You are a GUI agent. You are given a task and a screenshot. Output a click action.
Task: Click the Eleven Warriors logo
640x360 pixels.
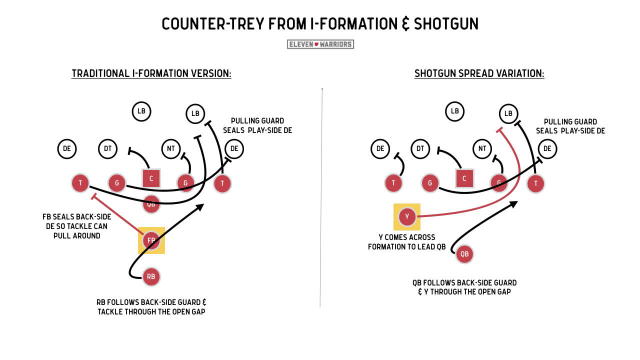pos(320,44)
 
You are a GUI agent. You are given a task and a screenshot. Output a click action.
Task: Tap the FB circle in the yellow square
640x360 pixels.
pos(151,240)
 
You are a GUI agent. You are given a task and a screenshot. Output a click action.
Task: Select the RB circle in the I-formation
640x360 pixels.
pos(151,276)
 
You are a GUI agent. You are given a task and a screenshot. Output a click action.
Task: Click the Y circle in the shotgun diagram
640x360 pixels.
pos(407,216)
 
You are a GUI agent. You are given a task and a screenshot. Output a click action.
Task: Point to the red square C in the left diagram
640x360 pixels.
pos(151,178)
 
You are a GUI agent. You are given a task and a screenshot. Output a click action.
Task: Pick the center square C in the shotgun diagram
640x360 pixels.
pos(464,178)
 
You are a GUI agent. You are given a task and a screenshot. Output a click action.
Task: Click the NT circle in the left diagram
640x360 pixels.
pos(171,148)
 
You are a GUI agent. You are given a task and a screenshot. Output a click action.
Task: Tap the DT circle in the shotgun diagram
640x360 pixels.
pos(420,148)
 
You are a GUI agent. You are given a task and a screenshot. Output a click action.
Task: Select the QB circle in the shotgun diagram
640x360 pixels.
pos(464,254)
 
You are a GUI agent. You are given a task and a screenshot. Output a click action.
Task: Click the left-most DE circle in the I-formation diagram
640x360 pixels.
pos(67,148)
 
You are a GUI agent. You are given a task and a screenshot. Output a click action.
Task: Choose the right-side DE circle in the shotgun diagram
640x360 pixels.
pos(547,148)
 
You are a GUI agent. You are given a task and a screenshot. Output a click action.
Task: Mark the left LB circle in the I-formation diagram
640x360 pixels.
pos(141,111)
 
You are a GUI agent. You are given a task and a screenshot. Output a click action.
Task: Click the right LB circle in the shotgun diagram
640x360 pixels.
pos(508,113)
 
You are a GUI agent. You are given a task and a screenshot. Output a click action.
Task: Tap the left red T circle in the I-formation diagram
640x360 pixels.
pos(80,183)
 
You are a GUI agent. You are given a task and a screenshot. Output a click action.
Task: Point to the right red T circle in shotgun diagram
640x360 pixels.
pos(535,183)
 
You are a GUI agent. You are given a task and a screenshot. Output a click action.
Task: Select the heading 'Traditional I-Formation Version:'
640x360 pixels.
pos(151,73)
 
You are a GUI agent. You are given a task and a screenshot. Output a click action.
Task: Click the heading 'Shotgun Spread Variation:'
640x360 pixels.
pos(479,73)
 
